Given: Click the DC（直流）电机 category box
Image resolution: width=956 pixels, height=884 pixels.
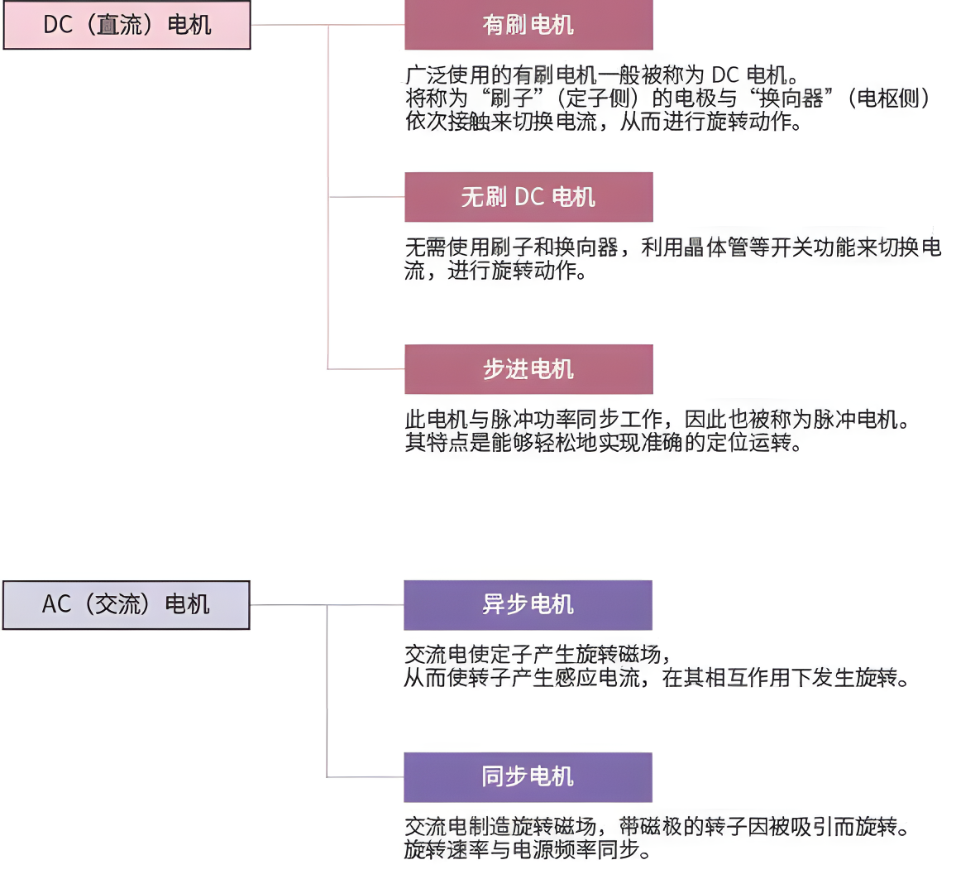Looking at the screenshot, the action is click(x=127, y=25).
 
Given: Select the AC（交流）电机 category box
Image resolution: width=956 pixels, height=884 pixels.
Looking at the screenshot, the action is click(x=127, y=604).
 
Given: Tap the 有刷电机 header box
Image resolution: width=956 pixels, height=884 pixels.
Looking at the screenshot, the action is click(x=528, y=25).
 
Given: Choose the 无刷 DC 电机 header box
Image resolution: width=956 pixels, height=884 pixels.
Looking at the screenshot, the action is click(x=528, y=197).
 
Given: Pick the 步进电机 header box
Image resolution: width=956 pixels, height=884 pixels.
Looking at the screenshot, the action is click(x=528, y=369).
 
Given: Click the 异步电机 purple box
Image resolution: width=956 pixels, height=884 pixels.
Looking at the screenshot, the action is click(x=528, y=604).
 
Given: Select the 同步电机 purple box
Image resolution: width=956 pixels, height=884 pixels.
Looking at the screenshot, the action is click(x=528, y=776).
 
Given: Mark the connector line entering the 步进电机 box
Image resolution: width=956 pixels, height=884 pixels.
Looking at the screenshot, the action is click(x=366, y=369).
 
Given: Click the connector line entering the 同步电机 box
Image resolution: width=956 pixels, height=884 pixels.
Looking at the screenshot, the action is click(x=366, y=776).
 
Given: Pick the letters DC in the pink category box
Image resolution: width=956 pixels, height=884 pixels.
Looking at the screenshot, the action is click(x=58, y=25).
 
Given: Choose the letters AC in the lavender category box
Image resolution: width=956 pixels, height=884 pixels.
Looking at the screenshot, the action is click(x=56, y=604).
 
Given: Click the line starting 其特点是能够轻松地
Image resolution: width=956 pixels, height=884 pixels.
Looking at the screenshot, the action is click(x=604, y=442).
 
